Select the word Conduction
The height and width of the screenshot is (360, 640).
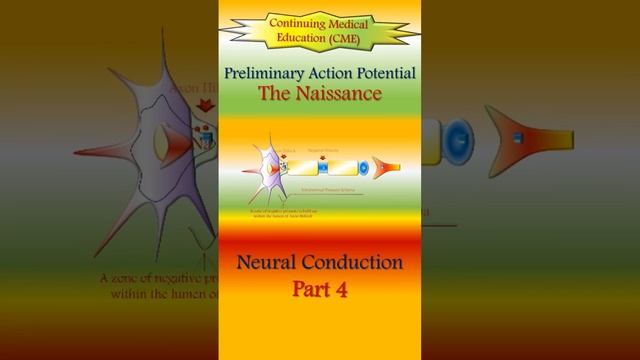(354, 263)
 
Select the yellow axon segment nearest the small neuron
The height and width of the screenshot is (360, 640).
(304, 167)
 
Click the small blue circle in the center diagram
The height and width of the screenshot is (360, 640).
(362, 167)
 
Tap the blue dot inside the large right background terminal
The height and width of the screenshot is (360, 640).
(518, 137)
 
